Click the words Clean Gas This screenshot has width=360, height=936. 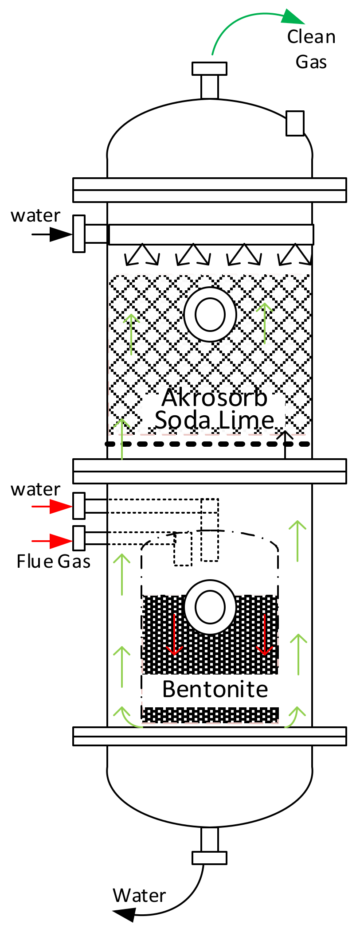coord(311,49)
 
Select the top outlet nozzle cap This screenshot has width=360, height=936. coord(209,69)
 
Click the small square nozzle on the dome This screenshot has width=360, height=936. coord(295,123)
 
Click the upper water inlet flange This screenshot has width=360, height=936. coord(79,234)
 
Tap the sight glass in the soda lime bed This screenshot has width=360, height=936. coord(210,315)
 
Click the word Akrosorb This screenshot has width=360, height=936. coord(215,398)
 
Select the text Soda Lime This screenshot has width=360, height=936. coord(215,420)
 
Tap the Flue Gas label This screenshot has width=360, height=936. coord(54,562)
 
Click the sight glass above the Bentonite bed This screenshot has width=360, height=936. coord(210,607)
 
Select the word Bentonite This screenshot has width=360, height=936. coord(215,689)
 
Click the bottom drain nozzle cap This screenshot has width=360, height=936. coord(209,858)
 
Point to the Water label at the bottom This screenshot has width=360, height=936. coord(139,896)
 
